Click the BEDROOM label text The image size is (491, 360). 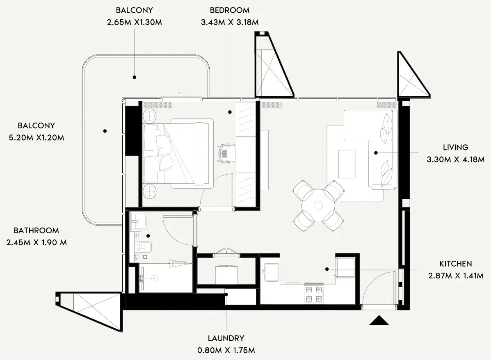click(x=229, y=10)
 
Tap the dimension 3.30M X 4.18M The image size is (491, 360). click(x=455, y=159)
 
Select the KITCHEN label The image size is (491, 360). click(x=455, y=264)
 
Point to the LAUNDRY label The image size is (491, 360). click(x=226, y=338)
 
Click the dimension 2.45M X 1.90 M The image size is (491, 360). click(x=37, y=242)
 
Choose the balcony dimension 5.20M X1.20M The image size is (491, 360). click(x=36, y=137)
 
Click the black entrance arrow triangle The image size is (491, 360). click(x=379, y=320)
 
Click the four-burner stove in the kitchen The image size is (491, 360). click(x=314, y=294)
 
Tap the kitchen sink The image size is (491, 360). click(x=272, y=272)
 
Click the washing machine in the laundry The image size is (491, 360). click(x=227, y=274)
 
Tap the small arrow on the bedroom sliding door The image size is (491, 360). click(x=181, y=93)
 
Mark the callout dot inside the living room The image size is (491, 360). click(x=376, y=153)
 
